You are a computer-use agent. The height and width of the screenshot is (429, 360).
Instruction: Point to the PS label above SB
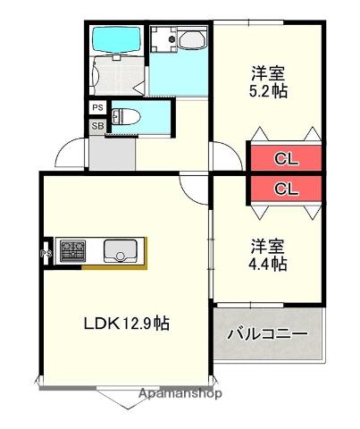tap(96, 108)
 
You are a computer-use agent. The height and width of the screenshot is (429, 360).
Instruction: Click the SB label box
tap(96, 126)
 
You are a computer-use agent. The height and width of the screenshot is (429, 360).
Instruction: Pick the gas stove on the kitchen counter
tap(71, 251)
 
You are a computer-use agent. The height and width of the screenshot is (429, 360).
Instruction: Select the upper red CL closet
tap(285, 159)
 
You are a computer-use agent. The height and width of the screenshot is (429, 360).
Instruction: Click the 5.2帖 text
tap(268, 90)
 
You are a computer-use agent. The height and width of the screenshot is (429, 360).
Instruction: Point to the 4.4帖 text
tap(268, 264)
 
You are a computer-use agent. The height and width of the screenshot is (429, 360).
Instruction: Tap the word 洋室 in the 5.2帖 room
tap(268, 71)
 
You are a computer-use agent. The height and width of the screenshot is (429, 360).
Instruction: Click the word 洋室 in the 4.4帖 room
tap(268, 245)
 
